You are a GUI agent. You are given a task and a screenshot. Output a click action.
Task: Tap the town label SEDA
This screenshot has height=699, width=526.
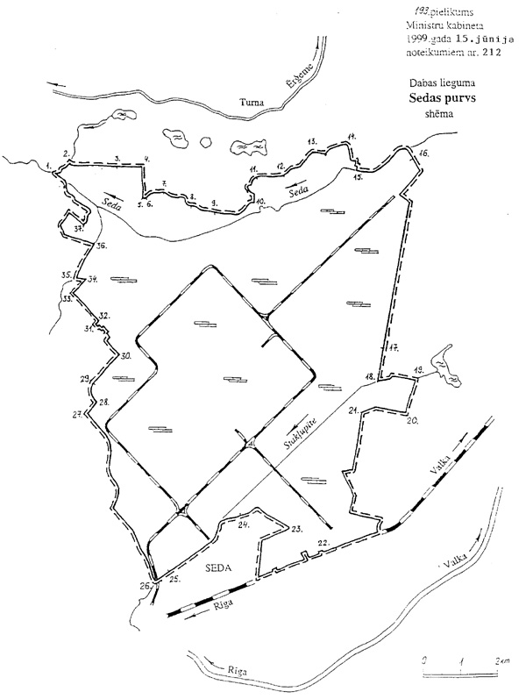coord(219,567)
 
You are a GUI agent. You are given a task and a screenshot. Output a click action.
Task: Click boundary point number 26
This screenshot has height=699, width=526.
coord(146,586)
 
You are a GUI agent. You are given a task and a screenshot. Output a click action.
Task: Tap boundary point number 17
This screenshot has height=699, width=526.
coord(394,348)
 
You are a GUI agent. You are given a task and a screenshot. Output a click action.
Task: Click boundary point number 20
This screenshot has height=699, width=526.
coord(412,421)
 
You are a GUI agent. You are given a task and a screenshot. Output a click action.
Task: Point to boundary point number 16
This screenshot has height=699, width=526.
coord(423,154)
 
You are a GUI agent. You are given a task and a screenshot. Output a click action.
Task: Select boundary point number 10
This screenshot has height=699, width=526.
coord(260,201)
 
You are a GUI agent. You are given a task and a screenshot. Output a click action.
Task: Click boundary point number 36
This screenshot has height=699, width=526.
coord(101,246)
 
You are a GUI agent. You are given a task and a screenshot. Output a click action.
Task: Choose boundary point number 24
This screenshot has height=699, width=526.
coord(244,524)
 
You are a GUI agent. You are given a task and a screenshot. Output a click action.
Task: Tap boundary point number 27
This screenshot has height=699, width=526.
coord(77,413)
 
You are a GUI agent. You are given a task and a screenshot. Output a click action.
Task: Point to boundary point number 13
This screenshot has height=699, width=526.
coord(311,141)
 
